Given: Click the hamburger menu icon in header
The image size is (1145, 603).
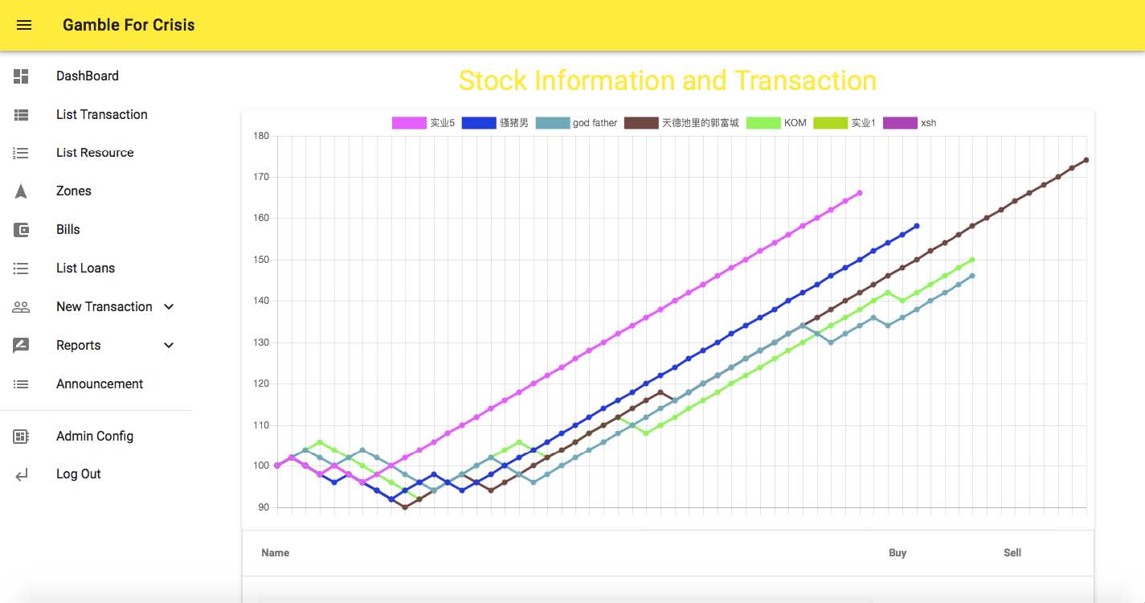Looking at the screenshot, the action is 24,25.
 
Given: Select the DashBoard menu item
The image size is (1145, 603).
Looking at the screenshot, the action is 88,76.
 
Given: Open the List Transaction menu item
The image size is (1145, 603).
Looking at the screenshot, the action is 102,114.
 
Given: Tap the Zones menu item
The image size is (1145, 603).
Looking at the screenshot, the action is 74,191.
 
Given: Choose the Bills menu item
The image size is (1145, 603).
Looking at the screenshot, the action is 68,230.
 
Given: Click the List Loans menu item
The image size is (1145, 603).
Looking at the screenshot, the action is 85,268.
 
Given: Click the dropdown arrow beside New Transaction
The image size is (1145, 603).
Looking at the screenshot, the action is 169,307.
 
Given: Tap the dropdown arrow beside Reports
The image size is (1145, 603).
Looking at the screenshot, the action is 169,345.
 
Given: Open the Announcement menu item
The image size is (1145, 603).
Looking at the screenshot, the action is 100,384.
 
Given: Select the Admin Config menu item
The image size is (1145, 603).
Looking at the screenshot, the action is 95,437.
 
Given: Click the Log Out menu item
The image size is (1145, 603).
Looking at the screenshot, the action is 78,474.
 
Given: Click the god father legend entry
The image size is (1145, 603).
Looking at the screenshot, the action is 576,123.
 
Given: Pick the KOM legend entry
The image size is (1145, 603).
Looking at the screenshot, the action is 776,123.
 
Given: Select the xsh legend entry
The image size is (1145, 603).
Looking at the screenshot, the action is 910,123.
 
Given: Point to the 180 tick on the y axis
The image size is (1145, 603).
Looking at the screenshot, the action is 261,136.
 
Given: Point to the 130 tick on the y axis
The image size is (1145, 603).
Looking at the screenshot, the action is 261,343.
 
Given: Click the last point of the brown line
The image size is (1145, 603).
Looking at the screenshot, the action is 1086,160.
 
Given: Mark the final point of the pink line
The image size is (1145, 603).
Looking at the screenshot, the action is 860,193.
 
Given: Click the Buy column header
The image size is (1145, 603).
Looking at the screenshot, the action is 898,553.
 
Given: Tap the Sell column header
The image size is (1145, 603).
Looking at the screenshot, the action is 1012,553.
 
